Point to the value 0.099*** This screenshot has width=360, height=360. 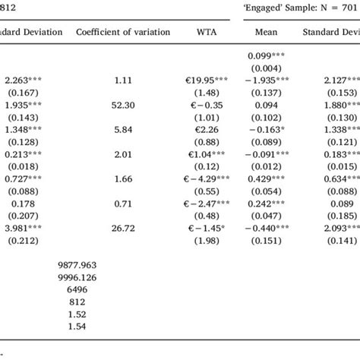(270, 58)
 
